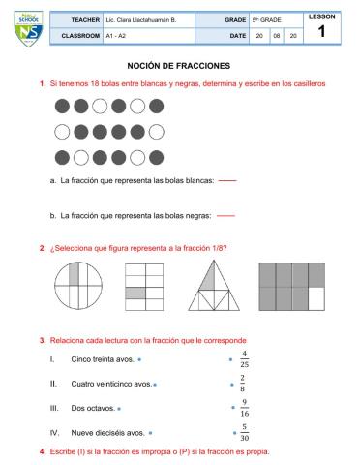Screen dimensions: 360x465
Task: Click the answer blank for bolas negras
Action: coord(226,215)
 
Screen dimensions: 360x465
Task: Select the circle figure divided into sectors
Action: coord(75,287)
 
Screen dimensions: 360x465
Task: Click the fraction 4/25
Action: coord(244,359)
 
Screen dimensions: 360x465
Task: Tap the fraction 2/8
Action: coord(244,384)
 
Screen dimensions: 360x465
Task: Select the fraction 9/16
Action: coord(244,408)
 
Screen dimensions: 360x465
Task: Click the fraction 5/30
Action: coord(244,432)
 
